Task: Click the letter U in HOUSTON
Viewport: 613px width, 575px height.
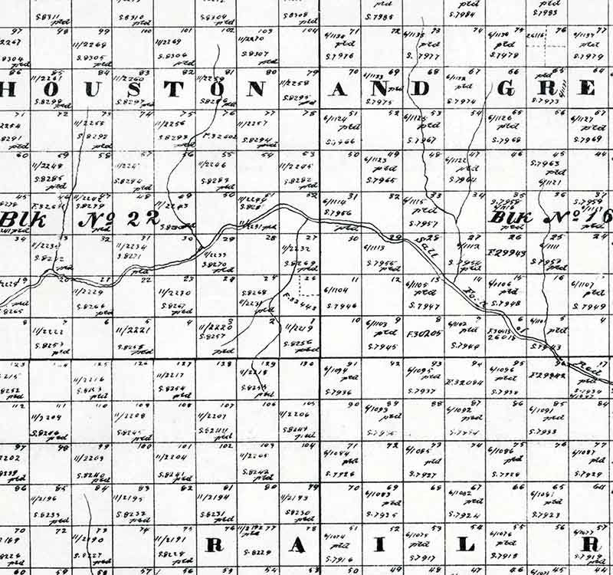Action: pyautogui.click(x=91, y=89)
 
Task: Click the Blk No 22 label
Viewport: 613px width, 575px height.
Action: pyautogui.click(x=81, y=219)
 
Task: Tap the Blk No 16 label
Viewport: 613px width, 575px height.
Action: pyautogui.click(x=550, y=218)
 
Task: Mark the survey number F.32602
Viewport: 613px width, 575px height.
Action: pyautogui.click(x=220, y=136)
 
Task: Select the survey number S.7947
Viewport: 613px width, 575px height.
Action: pyautogui.click(x=426, y=306)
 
